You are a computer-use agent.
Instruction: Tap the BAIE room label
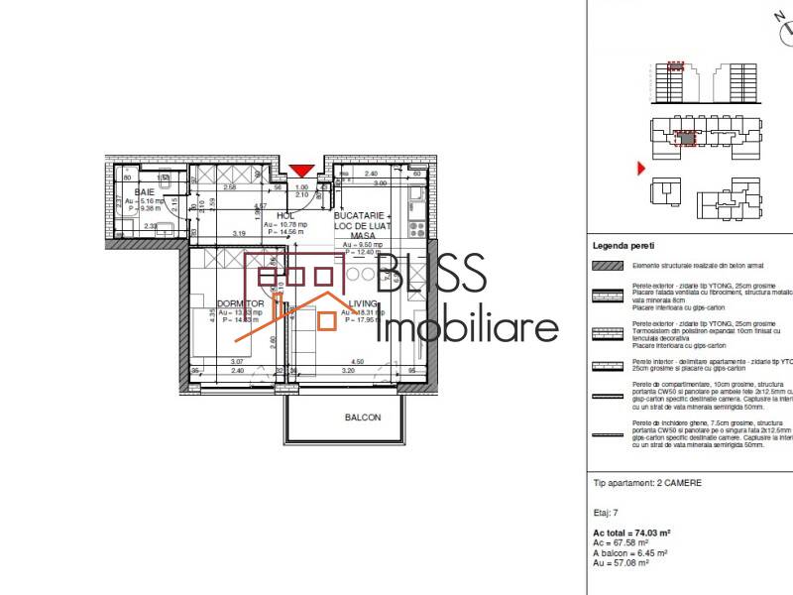click(145, 190)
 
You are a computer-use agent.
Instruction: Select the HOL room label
click(286, 214)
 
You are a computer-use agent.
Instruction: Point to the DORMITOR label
click(240, 303)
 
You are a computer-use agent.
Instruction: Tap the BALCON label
click(363, 417)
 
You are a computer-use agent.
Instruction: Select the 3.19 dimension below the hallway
click(239, 233)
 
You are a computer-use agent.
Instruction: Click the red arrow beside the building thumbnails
click(641, 169)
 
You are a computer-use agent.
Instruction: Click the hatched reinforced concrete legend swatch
click(607, 266)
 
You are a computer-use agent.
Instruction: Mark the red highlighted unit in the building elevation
click(676, 67)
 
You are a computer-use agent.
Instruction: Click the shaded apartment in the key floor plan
click(683, 139)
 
